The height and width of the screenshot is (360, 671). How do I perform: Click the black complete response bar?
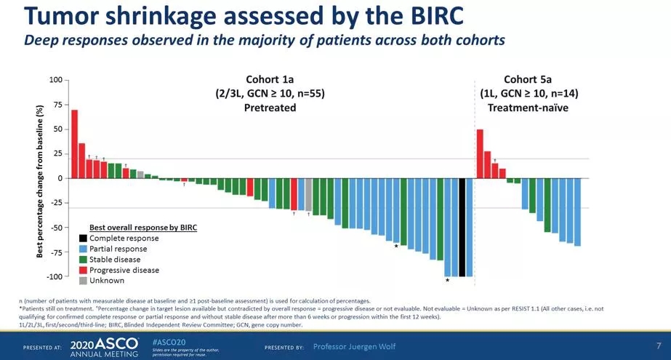462,227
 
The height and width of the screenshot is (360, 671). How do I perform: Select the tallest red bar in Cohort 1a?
74,144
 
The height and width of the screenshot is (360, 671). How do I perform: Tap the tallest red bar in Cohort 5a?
480,153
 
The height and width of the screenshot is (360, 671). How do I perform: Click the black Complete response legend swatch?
84,239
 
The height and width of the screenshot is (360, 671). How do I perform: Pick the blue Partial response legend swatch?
84,249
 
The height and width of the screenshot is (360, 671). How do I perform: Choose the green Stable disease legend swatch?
84,260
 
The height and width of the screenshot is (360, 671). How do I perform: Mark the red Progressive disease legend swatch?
84,270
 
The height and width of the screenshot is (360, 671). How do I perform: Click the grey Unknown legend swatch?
84,281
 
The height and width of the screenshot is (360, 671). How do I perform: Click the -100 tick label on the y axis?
54,277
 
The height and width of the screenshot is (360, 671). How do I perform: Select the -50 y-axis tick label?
56,228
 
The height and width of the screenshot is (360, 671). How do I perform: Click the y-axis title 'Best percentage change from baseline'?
40,179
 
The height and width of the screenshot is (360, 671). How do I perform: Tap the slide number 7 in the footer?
658,345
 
